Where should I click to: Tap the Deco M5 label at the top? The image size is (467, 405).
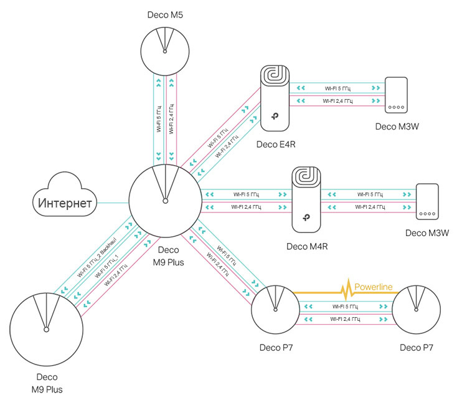click(x=165, y=14)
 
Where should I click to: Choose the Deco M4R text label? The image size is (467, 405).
click(x=307, y=246)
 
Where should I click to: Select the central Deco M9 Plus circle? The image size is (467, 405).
click(x=165, y=201)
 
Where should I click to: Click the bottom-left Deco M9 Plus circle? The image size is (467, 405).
click(x=47, y=328)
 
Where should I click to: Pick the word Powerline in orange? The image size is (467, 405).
click(x=374, y=288)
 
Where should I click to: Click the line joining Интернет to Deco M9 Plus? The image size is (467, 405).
click(x=113, y=202)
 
